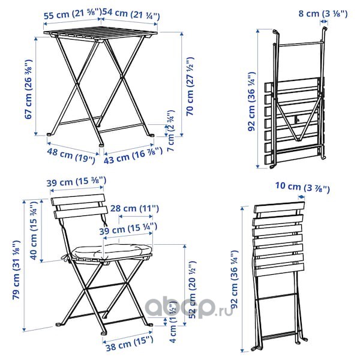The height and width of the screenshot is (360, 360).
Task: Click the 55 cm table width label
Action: click(73, 15)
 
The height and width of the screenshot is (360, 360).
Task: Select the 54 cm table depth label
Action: click(131, 14)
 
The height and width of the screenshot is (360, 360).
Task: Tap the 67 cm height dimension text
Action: click(29, 89)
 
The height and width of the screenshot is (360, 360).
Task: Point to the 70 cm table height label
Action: click(190, 86)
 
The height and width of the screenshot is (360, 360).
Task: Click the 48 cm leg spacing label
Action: click(71, 155)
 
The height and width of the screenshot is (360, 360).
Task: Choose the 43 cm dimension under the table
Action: click(133, 155)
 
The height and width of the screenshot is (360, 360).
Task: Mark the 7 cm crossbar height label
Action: click(171, 131)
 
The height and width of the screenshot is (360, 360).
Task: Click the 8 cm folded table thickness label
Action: click(323, 14)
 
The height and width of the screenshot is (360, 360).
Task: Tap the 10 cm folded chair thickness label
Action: click(302, 187)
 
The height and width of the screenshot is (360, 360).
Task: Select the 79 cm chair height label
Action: click(16, 270)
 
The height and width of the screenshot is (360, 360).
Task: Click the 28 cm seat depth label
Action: click(134, 209)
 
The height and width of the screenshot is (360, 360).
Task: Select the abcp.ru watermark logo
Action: click(189, 307)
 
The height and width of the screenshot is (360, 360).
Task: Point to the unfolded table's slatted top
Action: click(101, 34)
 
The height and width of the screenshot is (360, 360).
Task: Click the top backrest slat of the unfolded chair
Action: click(78, 200)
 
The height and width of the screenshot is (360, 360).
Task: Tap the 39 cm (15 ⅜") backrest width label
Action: click(76, 182)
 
